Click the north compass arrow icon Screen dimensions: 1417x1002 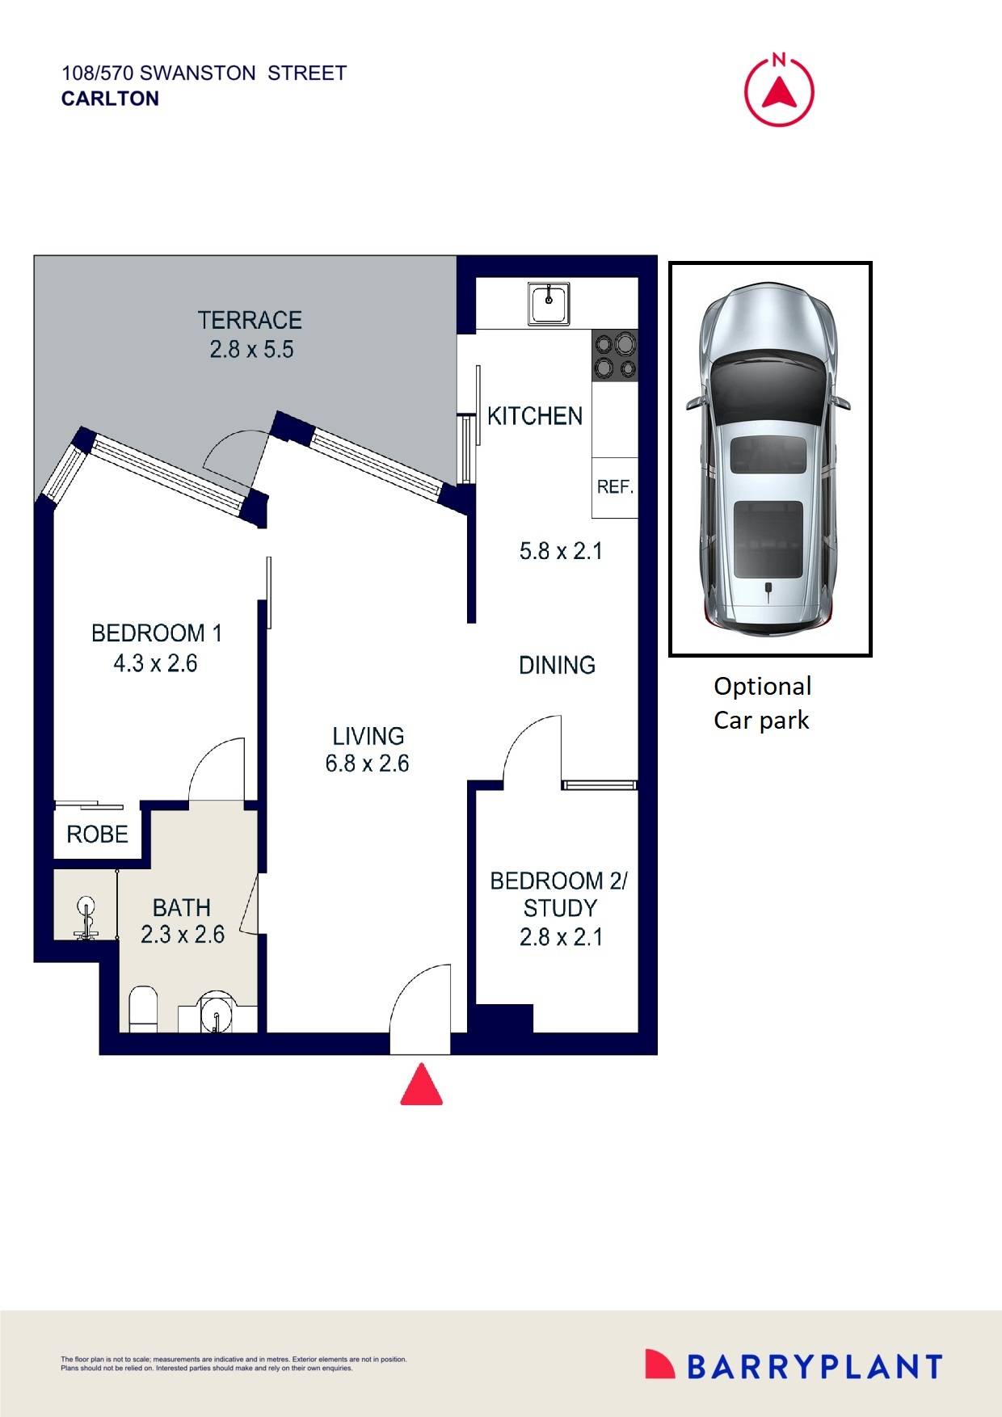[x=779, y=91]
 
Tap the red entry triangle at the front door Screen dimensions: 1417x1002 [x=422, y=1086]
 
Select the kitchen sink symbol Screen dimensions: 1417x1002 [x=549, y=303]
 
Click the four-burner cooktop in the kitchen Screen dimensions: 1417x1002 [x=615, y=356]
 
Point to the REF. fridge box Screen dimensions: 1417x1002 [x=615, y=487]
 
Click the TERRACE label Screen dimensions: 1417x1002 [x=250, y=321]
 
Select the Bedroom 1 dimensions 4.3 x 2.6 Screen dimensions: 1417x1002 [x=155, y=663]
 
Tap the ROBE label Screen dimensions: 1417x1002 [x=97, y=834]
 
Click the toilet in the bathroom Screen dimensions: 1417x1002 [x=144, y=1007]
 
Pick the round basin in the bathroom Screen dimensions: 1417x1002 [x=217, y=1011]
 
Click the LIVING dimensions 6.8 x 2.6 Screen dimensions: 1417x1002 [x=367, y=763]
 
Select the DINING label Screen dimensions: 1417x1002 [x=557, y=665]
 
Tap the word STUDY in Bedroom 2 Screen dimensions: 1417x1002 [x=560, y=908]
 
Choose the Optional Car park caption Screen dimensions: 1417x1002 [x=762, y=703]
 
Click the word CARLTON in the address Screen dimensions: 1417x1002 [x=110, y=99]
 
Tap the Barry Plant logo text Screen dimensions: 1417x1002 [x=815, y=1366]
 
